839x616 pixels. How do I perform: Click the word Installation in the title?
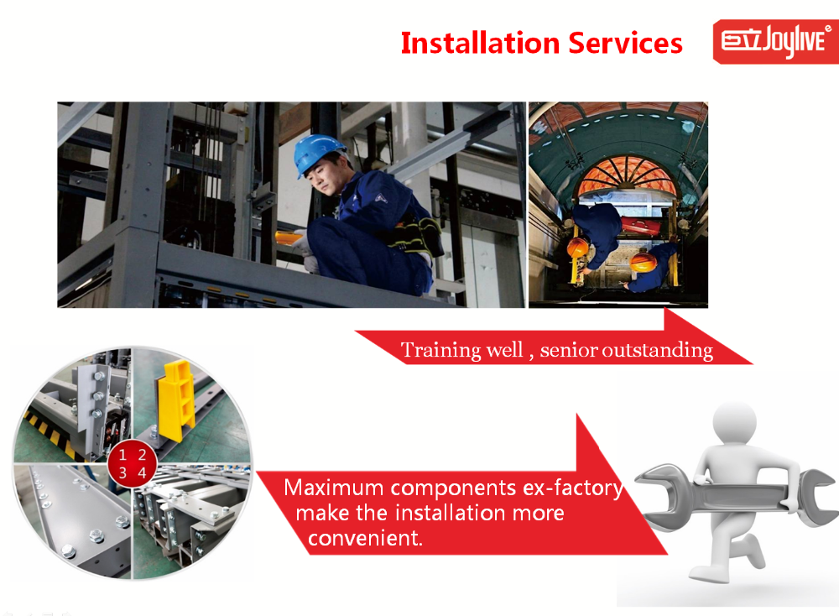tap(480, 43)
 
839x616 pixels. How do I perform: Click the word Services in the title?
tap(626, 43)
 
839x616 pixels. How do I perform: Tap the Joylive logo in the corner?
tap(775, 41)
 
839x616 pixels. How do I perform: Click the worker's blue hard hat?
tap(317, 153)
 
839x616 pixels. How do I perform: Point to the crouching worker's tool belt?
tap(416, 236)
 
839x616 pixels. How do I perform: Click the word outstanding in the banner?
tap(658, 350)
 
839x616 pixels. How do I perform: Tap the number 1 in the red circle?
tap(122, 455)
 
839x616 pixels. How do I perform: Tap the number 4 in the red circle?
tap(142, 473)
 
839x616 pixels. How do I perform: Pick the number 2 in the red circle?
tap(142, 455)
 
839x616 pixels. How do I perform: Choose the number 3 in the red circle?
tap(122, 473)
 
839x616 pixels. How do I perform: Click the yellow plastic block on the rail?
tap(177, 398)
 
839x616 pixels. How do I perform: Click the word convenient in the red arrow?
tap(365, 538)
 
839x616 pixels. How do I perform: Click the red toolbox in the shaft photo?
tap(640, 226)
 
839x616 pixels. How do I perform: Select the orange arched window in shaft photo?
tap(627, 178)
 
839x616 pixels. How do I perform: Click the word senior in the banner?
tap(569, 351)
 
